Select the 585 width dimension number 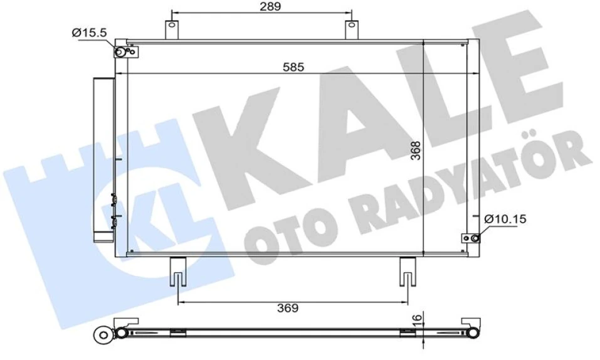(292, 66)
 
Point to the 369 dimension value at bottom (289, 308)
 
